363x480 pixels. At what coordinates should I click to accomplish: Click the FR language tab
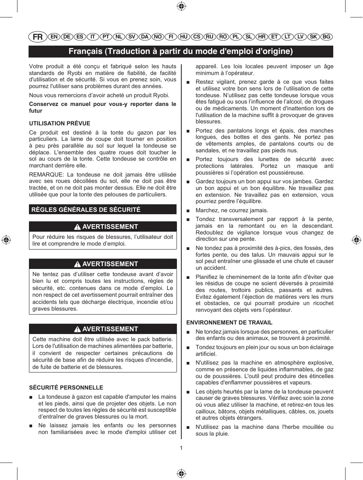click(x=37, y=37)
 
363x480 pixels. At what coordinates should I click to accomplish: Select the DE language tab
click(x=67, y=37)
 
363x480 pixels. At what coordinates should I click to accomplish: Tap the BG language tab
click(x=327, y=37)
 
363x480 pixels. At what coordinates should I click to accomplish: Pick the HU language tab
click(x=184, y=37)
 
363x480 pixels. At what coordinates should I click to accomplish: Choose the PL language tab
click(x=236, y=37)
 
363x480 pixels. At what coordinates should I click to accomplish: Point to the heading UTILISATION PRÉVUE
click(x=60, y=124)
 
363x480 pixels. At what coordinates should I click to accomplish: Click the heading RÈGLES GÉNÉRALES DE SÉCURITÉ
click(x=85, y=209)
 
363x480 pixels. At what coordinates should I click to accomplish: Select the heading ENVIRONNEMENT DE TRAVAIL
click(x=229, y=323)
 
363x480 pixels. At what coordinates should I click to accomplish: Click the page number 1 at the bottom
click(x=181, y=448)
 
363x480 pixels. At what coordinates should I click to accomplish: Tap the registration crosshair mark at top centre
click(x=181, y=6)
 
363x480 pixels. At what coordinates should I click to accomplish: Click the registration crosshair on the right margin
click(x=356, y=240)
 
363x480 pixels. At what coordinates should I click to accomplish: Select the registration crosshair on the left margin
click(x=6, y=240)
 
